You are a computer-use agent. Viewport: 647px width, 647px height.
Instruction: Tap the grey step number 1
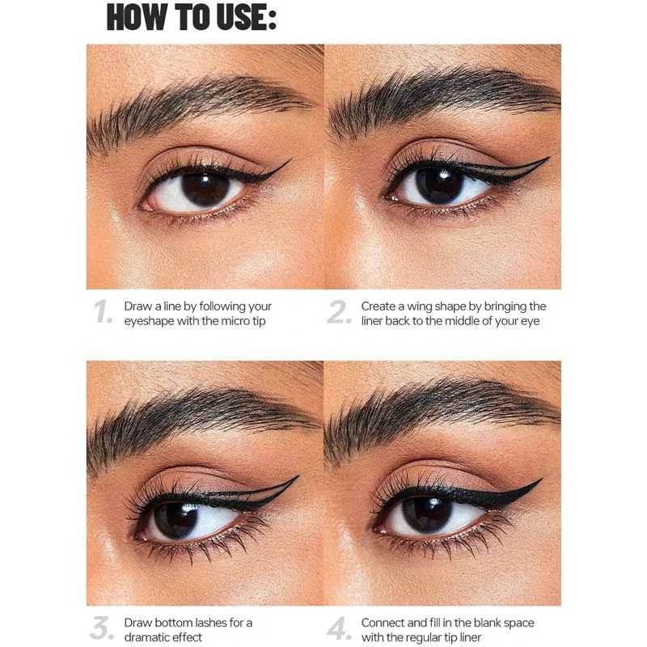pyautogui.click(x=103, y=313)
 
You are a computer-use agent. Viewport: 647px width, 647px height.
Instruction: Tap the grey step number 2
pyautogui.click(x=340, y=313)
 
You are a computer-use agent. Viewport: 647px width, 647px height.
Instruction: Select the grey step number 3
pyautogui.click(x=102, y=629)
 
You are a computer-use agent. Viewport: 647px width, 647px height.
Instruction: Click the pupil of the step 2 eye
pyautogui.click(x=440, y=185)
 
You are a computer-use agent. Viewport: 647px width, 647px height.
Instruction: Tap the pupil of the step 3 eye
pyautogui.click(x=175, y=520)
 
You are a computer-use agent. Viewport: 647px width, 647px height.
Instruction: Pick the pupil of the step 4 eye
pyautogui.click(x=427, y=515)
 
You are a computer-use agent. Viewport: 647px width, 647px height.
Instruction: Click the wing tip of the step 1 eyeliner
pyautogui.click(x=289, y=161)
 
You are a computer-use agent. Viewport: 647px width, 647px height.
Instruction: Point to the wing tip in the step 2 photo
pyautogui.click(x=548, y=159)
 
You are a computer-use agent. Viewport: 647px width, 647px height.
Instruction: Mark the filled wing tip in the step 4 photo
pyautogui.click(x=540, y=480)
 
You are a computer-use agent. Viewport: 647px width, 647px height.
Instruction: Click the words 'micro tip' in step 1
pyautogui.click(x=246, y=321)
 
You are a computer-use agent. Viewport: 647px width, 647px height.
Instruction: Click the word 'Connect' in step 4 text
pyautogui.click(x=382, y=623)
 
